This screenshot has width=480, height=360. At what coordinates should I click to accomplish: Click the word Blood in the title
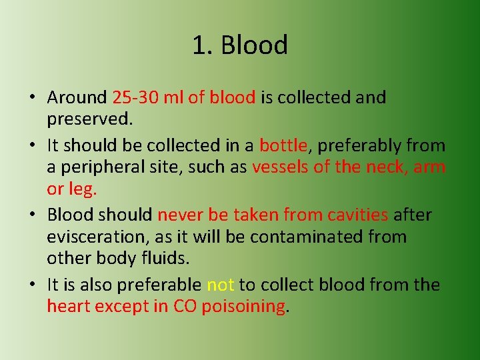point(254,45)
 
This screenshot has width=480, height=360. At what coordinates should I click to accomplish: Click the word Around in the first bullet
point(77,97)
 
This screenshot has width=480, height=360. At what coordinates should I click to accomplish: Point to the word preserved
point(90,119)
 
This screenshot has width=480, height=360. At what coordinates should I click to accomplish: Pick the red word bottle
point(283,145)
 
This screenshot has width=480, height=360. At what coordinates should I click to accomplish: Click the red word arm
point(429,167)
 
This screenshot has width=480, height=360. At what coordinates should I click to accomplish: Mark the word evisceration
point(93,237)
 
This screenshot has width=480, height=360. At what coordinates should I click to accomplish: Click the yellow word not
point(220,285)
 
